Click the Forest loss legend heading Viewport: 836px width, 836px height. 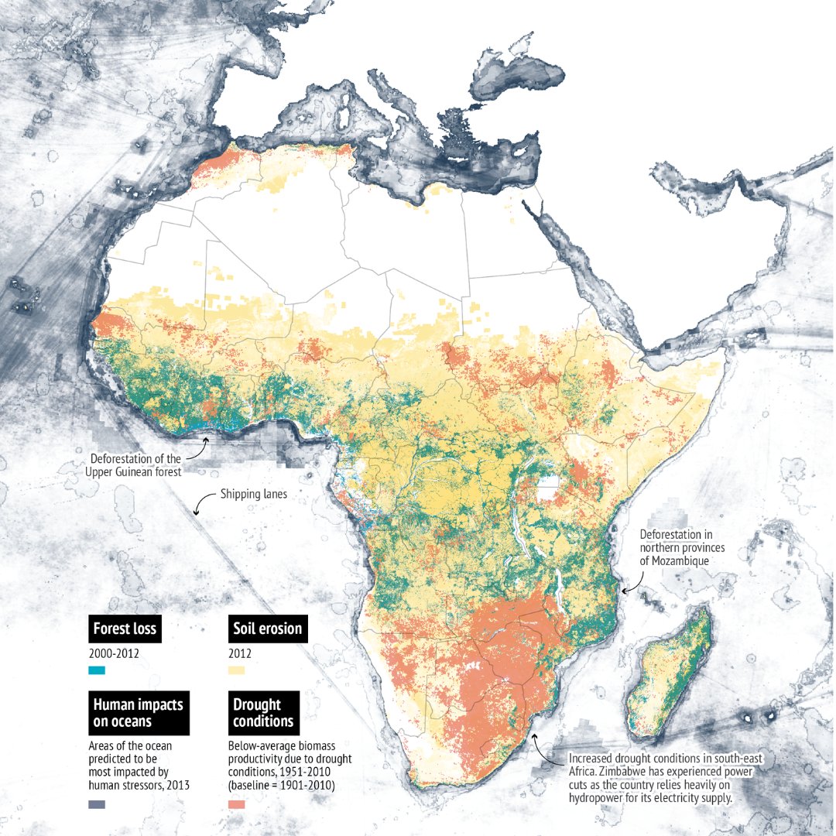pyautogui.click(x=124, y=629)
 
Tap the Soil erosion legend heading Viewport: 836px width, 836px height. pyautogui.click(x=267, y=629)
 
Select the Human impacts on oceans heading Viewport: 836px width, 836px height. pyautogui.click(x=138, y=712)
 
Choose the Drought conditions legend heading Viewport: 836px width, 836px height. pyautogui.click(x=263, y=712)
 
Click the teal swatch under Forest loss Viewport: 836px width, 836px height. pyautogui.click(x=96, y=670)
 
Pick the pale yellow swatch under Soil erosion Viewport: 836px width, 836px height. pyautogui.click(x=236, y=670)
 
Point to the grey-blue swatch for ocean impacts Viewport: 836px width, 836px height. pyautogui.click(x=96, y=804)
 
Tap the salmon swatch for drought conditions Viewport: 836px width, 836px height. pyautogui.click(x=236, y=804)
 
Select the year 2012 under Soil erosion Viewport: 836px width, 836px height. pyautogui.click(x=239, y=653)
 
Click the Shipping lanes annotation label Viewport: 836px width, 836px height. pyautogui.click(x=253, y=494)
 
